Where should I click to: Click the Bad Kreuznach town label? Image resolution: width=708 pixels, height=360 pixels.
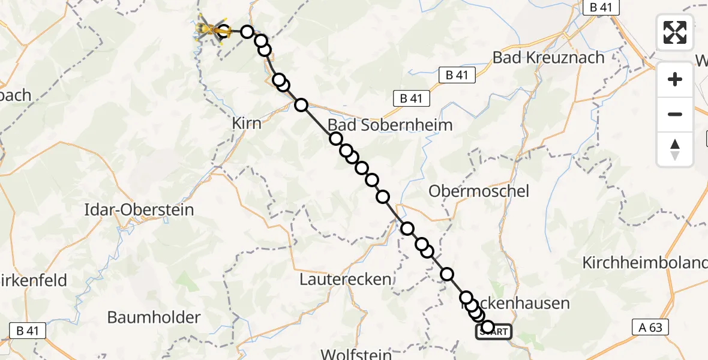[x=548, y=58]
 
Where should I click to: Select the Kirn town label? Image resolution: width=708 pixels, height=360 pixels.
[x=247, y=123]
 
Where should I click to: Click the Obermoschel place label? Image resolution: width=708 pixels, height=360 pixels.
[x=479, y=191]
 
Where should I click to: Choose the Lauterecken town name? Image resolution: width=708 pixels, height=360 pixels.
[x=345, y=279]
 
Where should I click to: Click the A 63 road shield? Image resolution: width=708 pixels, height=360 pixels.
[x=650, y=327]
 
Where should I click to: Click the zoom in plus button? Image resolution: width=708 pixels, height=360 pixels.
[x=675, y=79]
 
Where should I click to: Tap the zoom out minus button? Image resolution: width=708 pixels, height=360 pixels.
[x=675, y=114]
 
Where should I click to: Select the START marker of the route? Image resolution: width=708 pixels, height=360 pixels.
[x=494, y=332]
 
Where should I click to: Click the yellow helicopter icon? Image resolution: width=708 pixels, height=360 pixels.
[x=209, y=29]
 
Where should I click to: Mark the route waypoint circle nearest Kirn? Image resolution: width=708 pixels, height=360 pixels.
[x=301, y=105]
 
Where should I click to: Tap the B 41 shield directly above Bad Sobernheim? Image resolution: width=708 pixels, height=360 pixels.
[x=411, y=98]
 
